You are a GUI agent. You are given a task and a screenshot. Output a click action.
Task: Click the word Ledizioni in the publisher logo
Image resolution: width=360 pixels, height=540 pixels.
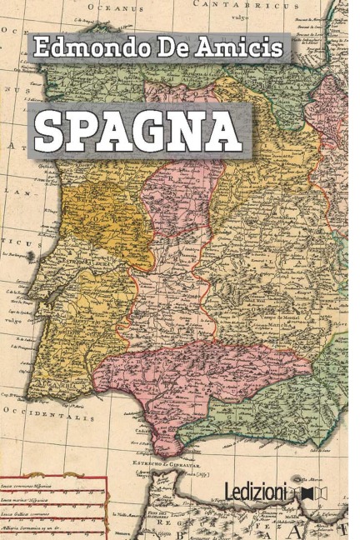(256, 490)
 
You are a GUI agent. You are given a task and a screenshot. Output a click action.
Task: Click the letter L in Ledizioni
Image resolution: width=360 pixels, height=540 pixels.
(230, 490)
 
